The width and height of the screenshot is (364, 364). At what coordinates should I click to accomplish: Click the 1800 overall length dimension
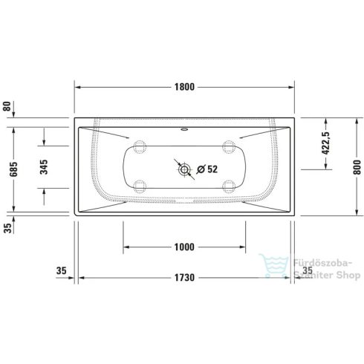click(184, 86)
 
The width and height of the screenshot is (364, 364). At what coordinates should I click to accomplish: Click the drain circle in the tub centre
click(183, 169)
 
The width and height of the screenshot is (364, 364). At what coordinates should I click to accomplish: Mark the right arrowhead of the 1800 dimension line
click(293, 87)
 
